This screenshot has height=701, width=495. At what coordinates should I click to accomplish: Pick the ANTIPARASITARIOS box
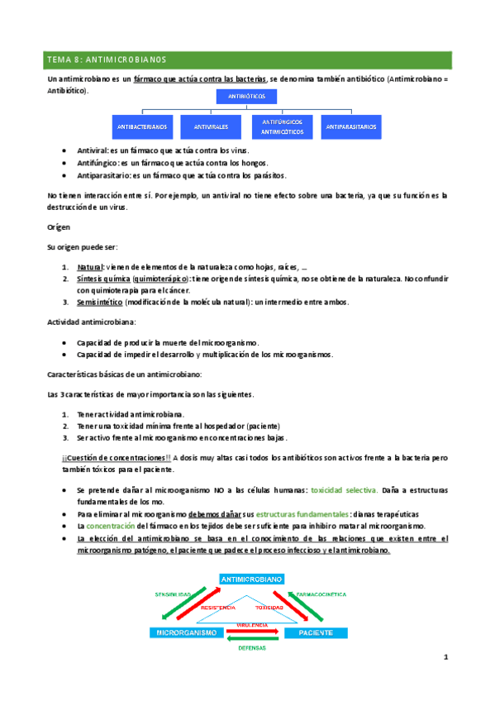coord(351,127)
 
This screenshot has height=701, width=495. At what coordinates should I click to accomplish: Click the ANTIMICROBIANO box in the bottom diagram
coord(252,579)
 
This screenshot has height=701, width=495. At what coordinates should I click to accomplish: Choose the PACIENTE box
coord(317,632)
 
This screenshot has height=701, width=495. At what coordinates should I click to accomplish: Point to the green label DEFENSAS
coord(252,648)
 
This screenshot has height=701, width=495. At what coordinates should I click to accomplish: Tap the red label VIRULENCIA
coord(252,624)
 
